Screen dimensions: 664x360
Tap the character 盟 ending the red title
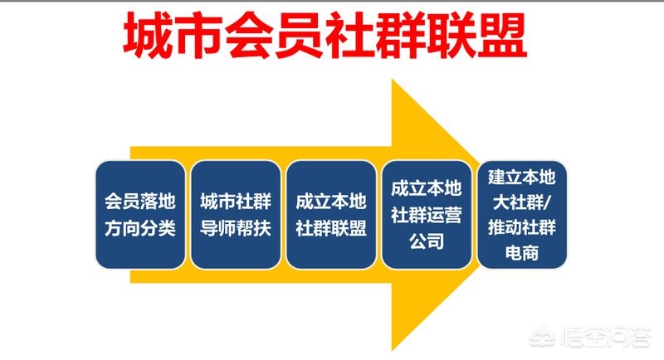coord(502,35)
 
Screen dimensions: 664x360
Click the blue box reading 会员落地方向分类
coord(140,215)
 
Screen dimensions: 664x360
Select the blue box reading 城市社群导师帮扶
coord(236,215)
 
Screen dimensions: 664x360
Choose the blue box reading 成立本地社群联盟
coord(331,215)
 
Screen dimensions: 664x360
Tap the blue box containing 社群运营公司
coord(427,215)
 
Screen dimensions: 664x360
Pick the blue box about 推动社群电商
coord(522,215)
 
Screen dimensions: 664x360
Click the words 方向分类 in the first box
coord(140,228)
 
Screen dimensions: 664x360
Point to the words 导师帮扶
coord(236,228)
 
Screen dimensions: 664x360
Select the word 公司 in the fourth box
coord(427,241)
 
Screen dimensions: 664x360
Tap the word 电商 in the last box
coord(522,253)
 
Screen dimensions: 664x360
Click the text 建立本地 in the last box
coord(522,178)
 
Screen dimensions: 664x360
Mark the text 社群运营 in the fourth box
coord(427,215)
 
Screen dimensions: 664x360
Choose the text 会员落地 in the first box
coord(140,202)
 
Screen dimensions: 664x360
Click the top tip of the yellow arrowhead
coord(392,80)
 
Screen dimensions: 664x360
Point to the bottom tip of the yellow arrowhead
coord(392,350)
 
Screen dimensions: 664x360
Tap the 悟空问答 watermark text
coord(606,337)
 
